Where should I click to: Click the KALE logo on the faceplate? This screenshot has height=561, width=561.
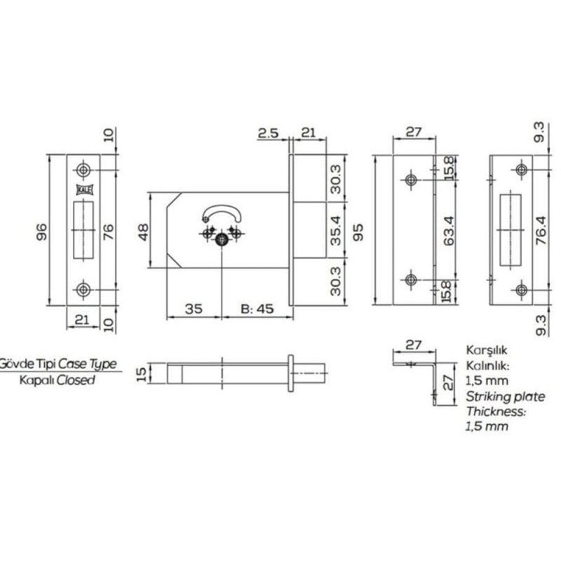click(x=85, y=190)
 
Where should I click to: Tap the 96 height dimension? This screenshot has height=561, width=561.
click(x=42, y=231)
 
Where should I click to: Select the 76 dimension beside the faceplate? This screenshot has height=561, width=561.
click(x=108, y=231)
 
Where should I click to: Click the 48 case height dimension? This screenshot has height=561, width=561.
click(x=143, y=232)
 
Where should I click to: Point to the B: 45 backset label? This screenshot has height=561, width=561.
click(x=257, y=309)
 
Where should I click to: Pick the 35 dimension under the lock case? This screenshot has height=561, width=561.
click(x=194, y=309)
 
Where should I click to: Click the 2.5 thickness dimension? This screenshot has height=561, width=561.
click(x=269, y=133)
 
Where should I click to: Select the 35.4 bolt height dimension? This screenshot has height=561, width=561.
click(x=336, y=231)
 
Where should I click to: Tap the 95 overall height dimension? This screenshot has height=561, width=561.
click(x=358, y=232)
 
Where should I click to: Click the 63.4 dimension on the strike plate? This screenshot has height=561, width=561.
click(x=449, y=231)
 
